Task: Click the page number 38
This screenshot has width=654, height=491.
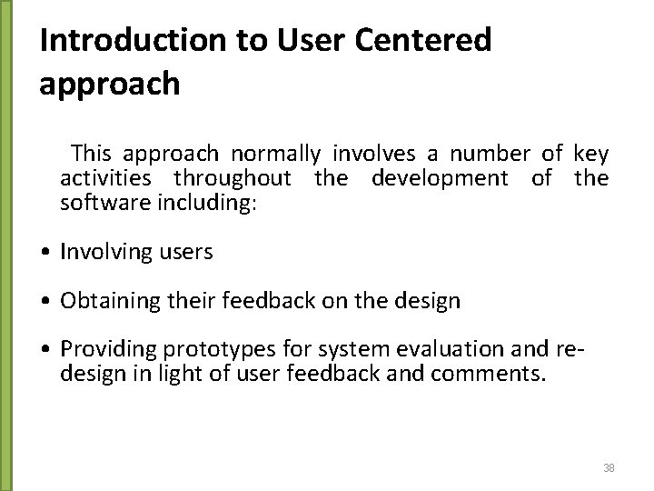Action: (x=609, y=467)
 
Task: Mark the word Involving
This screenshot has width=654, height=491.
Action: (x=100, y=252)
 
